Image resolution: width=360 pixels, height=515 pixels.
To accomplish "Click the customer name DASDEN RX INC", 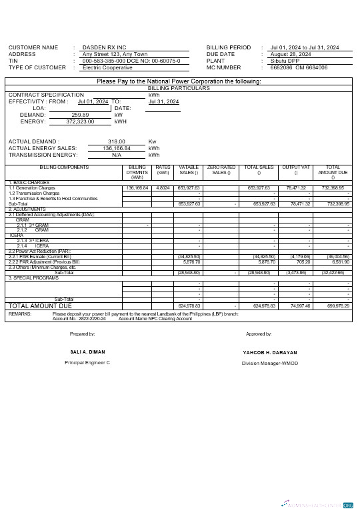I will [104, 48].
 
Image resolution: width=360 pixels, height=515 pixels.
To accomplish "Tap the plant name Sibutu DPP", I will [285, 61].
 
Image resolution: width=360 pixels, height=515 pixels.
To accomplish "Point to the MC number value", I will [299, 68].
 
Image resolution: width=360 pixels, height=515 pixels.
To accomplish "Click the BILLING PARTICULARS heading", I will [179, 88].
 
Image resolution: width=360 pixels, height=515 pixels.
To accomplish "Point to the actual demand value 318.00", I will [117, 142].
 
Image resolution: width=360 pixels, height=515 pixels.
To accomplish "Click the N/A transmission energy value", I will [117, 155].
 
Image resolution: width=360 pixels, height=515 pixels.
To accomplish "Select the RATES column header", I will [163, 168].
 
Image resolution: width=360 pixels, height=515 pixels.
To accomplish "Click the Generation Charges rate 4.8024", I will [163, 188].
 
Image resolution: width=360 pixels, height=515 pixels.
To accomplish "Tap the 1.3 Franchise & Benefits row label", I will [53, 199].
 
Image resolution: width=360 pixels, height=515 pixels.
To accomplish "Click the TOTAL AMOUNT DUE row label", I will [39, 305].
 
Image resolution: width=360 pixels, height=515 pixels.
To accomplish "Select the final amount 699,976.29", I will [338, 306].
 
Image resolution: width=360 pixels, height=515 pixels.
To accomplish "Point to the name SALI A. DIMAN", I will [87, 352].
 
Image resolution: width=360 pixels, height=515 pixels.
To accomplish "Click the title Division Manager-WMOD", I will [269, 363].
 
